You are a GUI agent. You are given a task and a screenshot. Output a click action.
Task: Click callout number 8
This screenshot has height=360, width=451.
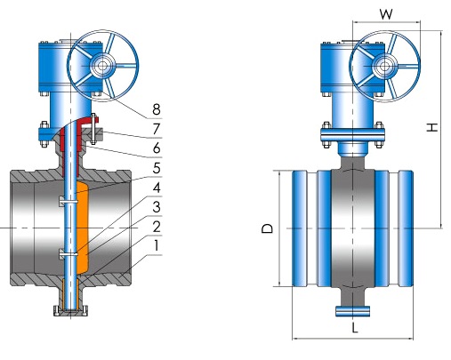point(157,109)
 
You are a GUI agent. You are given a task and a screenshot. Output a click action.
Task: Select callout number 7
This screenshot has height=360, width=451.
point(157,129)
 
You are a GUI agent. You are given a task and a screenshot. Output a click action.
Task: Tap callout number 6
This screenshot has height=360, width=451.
point(157,148)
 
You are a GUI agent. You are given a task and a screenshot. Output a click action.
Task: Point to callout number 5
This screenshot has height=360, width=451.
point(157,168)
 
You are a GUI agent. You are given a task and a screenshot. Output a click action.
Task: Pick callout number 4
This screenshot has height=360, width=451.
point(157,188)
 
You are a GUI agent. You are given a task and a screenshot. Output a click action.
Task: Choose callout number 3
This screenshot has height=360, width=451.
point(157,207)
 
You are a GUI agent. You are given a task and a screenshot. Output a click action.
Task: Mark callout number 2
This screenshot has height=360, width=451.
point(157,227)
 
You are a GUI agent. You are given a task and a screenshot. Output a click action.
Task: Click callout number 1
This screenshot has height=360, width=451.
point(157,245)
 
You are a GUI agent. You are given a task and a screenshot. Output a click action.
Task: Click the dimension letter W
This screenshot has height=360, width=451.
point(386,13)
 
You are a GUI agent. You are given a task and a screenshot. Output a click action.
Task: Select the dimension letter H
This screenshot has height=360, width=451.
point(432,127)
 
